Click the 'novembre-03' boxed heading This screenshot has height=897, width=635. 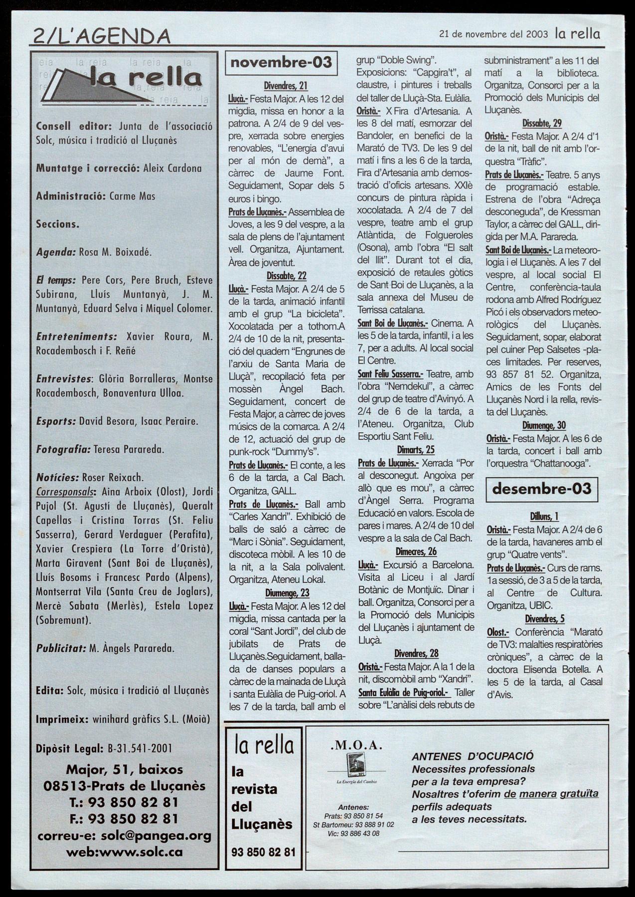coord(281,63)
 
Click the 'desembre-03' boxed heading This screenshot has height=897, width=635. coord(541,489)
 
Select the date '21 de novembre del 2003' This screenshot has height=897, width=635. coord(493,34)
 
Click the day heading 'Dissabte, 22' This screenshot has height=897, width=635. coord(286,276)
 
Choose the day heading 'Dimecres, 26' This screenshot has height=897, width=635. coord(416,551)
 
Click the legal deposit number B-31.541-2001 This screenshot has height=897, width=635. coord(140,748)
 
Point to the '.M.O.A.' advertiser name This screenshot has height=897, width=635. coord(356,746)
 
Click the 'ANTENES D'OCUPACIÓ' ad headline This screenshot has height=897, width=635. coord(472,756)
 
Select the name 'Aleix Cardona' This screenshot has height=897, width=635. coord(172,169)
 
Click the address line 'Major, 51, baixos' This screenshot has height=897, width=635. coord(124,769)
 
